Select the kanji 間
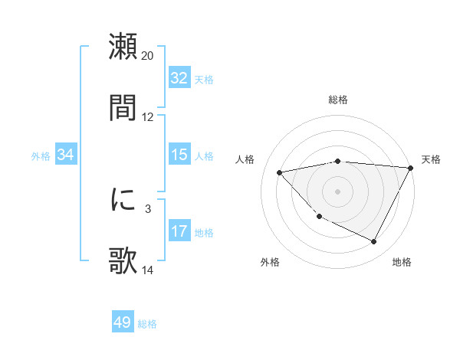[x=123, y=108]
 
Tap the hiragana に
[x=123, y=200]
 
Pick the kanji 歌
[x=123, y=261]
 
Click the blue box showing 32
[x=179, y=78]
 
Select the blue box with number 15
[x=179, y=155]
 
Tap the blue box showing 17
[x=179, y=231]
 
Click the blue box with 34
[x=66, y=155]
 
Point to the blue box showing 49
[x=123, y=323]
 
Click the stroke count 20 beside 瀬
[x=148, y=56]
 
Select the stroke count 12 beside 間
[x=148, y=117]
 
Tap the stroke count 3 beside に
[x=148, y=208]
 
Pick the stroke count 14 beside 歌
[x=148, y=270]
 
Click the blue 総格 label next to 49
[x=147, y=324]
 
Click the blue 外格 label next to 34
[x=41, y=156]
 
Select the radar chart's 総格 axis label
[x=338, y=100]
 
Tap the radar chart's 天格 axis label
[x=431, y=159]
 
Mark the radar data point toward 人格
[x=280, y=172]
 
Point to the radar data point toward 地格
[x=374, y=242]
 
